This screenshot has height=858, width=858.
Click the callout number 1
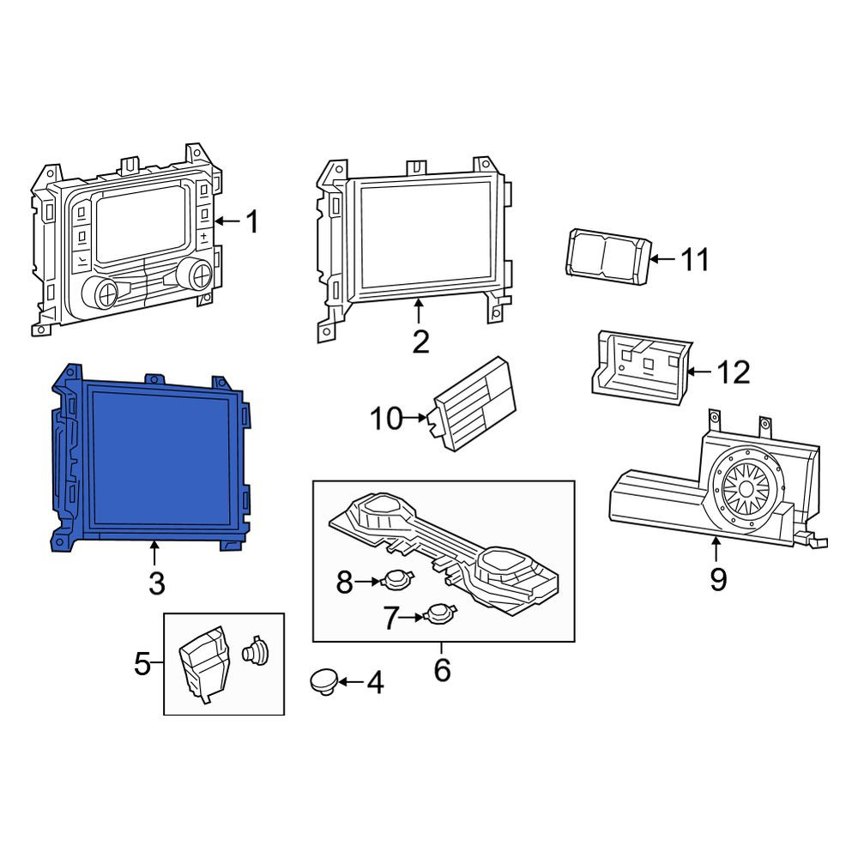[x=251, y=221]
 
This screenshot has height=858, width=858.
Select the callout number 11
[x=695, y=259]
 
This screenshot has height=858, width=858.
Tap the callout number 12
[x=734, y=372]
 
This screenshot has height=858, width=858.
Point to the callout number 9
[x=718, y=579]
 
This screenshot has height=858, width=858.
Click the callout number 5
[x=142, y=664]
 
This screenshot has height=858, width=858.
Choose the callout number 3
[x=156, y=583]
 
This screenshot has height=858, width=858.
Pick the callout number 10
[x=386, y=419]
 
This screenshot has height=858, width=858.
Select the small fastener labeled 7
[x=438, y=613]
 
